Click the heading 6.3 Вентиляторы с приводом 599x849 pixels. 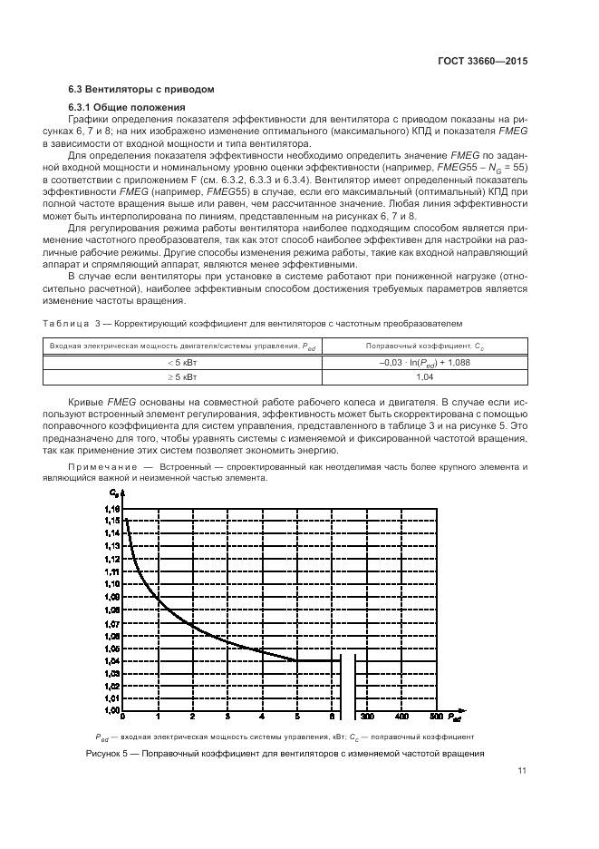[141, 90]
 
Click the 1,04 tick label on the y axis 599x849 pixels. [111, 660]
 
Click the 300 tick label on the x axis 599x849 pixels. [368, 717]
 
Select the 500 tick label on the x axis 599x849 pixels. [437, 717]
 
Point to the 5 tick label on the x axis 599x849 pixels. [296, 717]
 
